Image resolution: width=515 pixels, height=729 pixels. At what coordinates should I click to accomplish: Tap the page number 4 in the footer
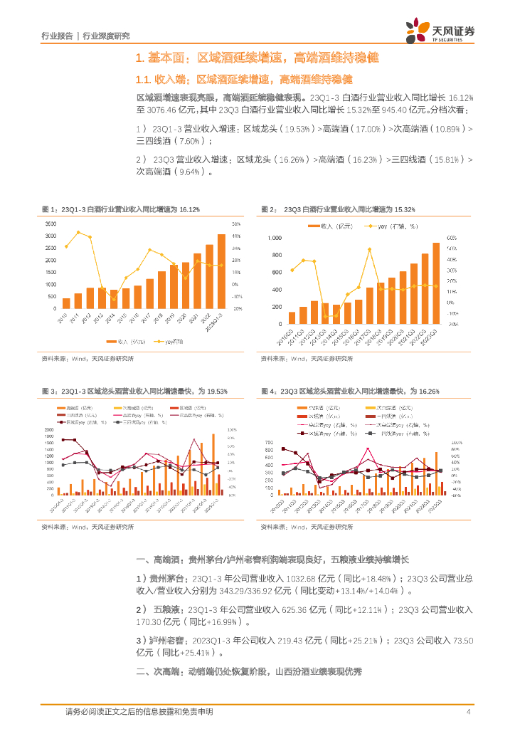pos(468,712)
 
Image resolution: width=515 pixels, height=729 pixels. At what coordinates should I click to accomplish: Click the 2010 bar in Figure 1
pos(67,303)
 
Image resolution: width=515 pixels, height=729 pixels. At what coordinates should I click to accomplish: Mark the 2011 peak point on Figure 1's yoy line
pos(78,232)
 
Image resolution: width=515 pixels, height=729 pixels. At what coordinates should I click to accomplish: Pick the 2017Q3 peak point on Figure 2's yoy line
pos(370,249)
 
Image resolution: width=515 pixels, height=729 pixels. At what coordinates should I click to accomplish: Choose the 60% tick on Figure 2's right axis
pos(451,238)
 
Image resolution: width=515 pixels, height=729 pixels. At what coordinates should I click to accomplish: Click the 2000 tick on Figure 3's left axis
pos(49,430)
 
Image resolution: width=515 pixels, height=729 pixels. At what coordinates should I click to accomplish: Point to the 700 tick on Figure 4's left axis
pos(269,442)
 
